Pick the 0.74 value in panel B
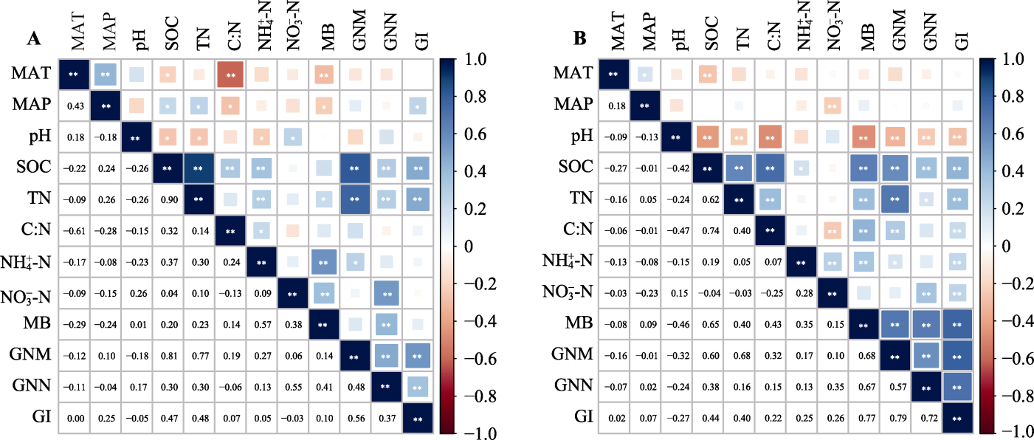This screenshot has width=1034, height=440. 710,230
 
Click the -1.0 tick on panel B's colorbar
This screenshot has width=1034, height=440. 1005,430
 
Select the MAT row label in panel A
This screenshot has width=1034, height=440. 30,74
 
